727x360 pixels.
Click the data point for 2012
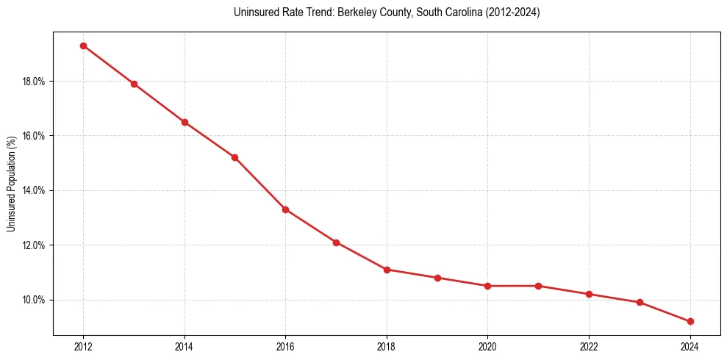click(x=83, y=46)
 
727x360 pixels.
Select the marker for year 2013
click(x=134, y=84)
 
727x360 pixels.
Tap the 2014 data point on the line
click(x=185, y=122)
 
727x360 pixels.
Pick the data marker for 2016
click(x=285, y=209)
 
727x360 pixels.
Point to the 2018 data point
click(x=387, y=270)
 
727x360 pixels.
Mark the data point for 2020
click(x=488, y=286)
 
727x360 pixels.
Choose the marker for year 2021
click(x=538, y=286)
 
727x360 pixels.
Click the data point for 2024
click(x=690, y=321)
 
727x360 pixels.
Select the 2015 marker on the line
click(x=234, y=157)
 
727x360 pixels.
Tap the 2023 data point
click(x=640, y=302)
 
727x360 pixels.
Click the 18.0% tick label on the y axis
click(x=33, y=82)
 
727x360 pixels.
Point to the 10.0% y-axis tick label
click(x=33, y=300)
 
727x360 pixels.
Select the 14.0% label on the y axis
click(x=33, y=190)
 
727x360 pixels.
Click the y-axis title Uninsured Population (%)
click(x=11, y=184)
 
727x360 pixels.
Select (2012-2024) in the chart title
click(x=514, y=12)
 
